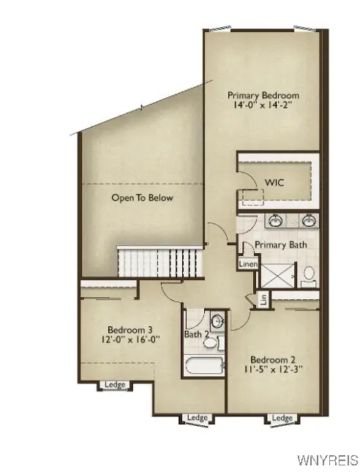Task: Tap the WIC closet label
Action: [x=274, y=182]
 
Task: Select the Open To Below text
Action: [x=142, y=198]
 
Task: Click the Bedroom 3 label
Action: [x=130, y=329]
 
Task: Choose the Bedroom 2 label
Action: [x=272, y=359]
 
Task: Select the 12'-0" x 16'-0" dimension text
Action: [x=130, y=340]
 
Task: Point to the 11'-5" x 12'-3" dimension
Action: [x=272, y=370]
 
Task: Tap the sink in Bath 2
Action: [x=217, y=321]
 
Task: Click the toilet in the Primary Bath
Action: [x=309, y=275]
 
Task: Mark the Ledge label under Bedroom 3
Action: [x=114, y=385]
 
